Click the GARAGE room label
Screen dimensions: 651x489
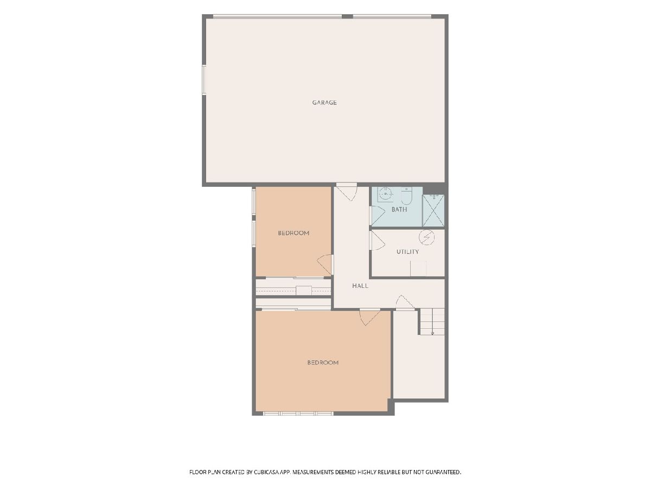[324, 103]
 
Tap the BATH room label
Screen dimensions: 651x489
[399, 209]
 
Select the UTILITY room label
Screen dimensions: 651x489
[407, 252]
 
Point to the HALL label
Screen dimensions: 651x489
[360, 286]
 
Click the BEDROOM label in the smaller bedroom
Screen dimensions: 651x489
[293, 233]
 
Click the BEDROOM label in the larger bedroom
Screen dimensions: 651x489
[323, 362]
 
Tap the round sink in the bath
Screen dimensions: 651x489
[386, 194]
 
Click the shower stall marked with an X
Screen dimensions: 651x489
[433, 210]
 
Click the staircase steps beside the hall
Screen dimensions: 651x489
[432, 322]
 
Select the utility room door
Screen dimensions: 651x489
[377, 241]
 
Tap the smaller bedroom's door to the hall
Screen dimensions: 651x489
[325, 265]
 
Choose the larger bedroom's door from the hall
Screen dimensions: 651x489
[370, 317]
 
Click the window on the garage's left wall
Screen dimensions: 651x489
[204, 80]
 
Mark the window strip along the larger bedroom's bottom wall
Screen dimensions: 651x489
[298, 413]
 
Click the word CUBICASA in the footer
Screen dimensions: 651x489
[266, 472]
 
